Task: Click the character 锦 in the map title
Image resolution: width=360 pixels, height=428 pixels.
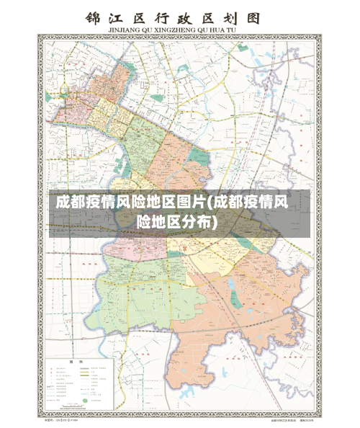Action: (x=94, y=17)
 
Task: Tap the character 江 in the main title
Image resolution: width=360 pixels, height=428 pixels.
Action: (x=120, y=17)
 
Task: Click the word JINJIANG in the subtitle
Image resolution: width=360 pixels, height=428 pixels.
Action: (x=126, y=30)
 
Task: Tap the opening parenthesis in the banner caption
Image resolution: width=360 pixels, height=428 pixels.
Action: (x=208, y=202)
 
